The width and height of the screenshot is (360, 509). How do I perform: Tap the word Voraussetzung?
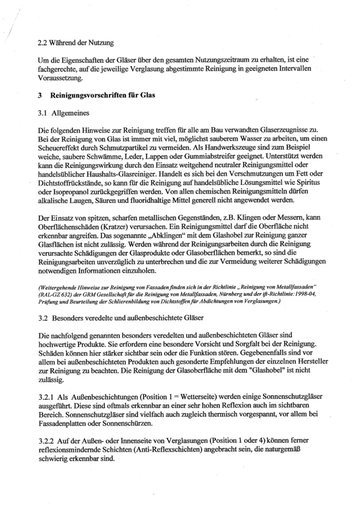[x=60, y=78]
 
